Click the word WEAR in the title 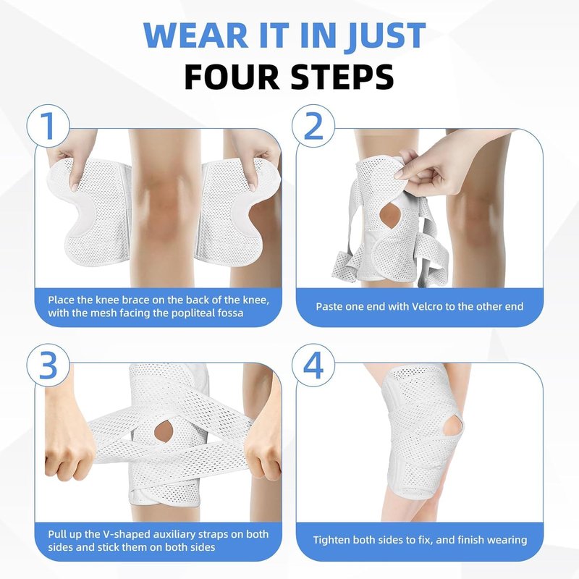coord(195,35)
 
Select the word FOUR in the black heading coord(232,77)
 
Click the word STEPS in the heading coord(342,77)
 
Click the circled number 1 coord(48,125)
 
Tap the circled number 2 coord(313,125)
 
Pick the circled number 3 coord(48,365)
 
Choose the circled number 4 coord(313,365)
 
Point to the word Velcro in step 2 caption coord(408,306)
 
